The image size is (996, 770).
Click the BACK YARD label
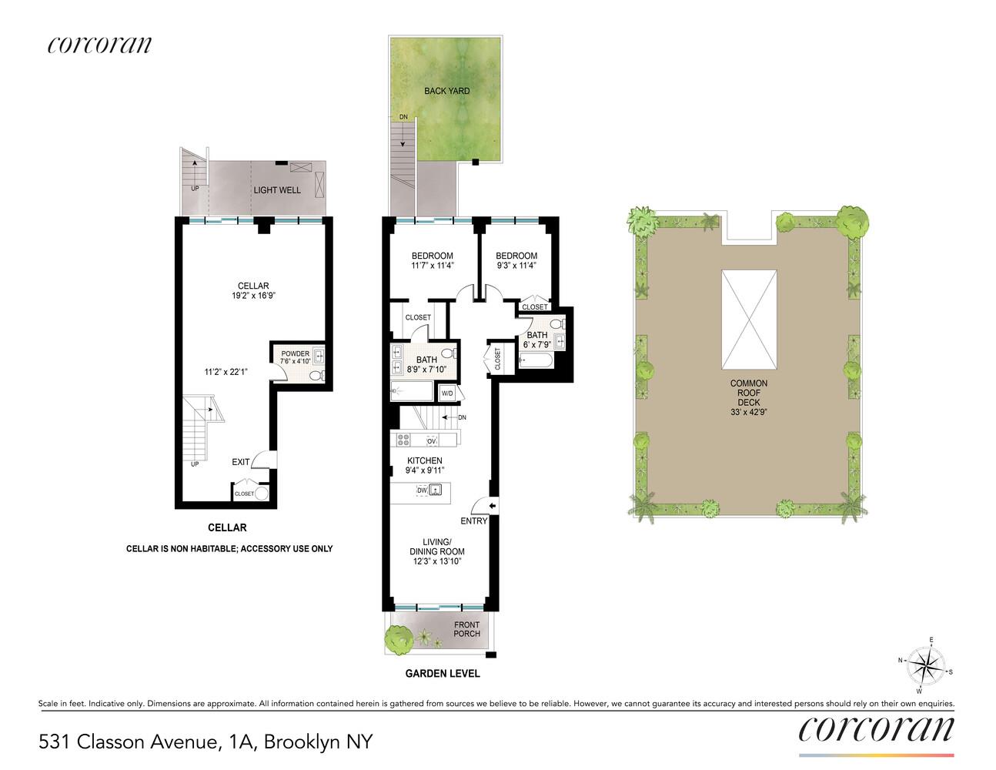click(x=446, y=91)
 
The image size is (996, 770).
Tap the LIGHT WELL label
click(x=277, y=190)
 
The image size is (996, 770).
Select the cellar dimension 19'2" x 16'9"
click(x=253, y=296)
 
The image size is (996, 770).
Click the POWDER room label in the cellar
click(x=296, y=354)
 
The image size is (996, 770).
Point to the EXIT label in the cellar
click(x=241, y=462)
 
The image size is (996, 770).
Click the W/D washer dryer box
click(x=447, y=393)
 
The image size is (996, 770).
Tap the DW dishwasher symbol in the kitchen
click(x=422, y=490)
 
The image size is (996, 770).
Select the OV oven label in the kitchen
click(x=432, y=441)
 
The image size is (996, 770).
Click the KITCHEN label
click(x=425, y=460)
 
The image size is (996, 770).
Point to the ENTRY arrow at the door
click(x=493, y=506)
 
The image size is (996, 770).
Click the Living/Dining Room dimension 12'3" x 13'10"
click(x=436, y=561)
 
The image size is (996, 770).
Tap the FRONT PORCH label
click(x=466, y=629)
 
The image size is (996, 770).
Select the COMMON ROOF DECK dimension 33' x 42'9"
click(x=748, y=412)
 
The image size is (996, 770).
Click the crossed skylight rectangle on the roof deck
click(x=748, y=320)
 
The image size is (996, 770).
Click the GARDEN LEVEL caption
click(x=443, y=674)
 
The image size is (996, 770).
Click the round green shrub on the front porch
click(x=398, y=638)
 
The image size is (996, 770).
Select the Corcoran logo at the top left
click(x=99, y=45)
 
